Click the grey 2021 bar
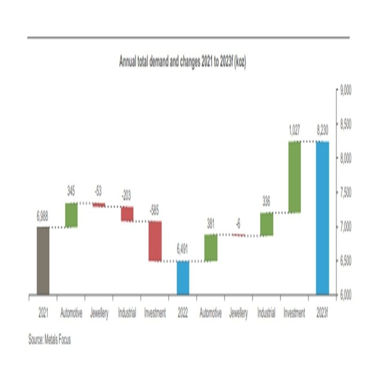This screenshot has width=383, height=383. click(x=43, y=261)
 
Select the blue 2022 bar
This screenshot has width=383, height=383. click(x=183, y=278)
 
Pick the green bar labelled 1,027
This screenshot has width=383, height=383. click(x=294, y=177)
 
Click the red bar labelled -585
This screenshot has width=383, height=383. click(x=155, y=241)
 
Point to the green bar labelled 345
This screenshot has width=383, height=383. click(x=71, y=215)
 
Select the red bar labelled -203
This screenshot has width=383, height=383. click(x=127, y=214)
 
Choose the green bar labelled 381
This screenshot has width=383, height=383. click(x=211, y=248)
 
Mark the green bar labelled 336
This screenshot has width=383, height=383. click(x=267, y=224)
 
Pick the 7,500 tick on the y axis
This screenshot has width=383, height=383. click(x=346, y=193)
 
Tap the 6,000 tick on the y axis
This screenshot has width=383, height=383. click(x=346, y=295)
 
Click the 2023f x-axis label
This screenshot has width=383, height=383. click(x=322, y=313)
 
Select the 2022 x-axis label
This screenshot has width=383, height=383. click(x=183, y=313)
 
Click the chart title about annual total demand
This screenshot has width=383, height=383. click(x=182, y=63)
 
